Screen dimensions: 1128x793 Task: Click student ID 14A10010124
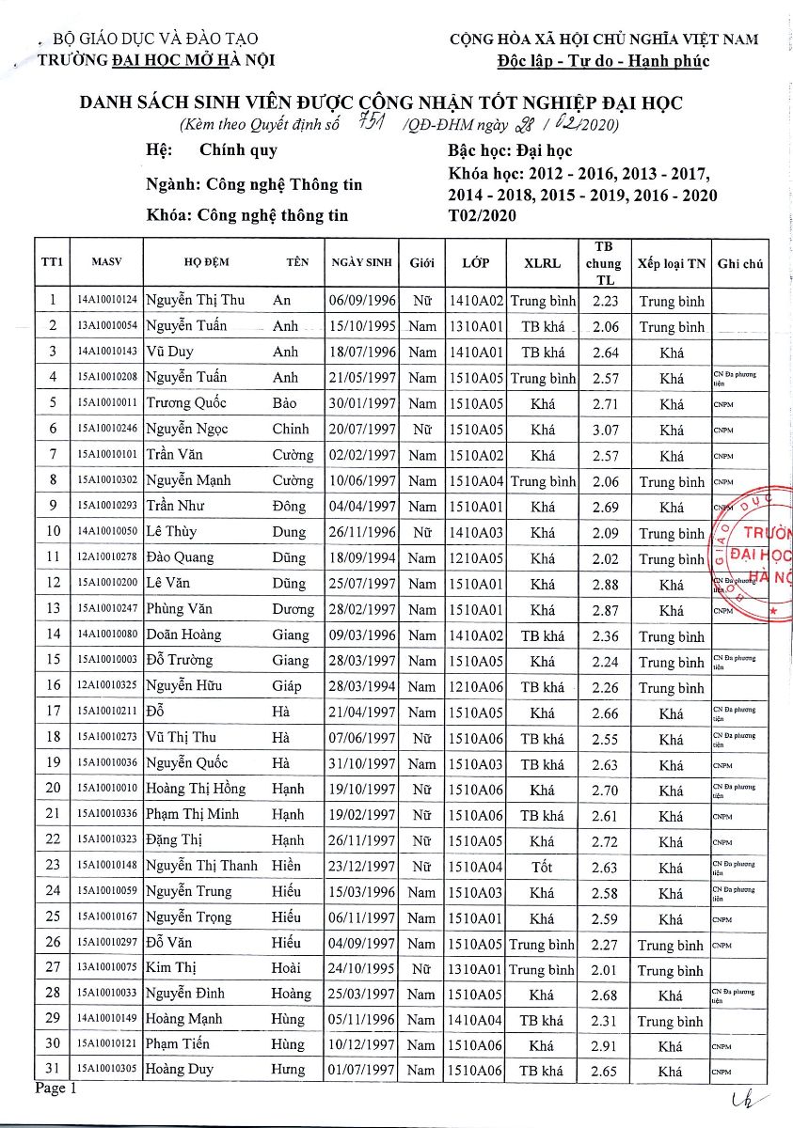pyautogui.click(x=107, y=300)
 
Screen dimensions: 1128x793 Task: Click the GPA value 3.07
pyautogui.click(x=605, y=430)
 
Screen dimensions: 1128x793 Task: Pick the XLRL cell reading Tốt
pyautogui.click(x=542, y=867)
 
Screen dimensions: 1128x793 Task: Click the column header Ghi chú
pyautogui.click(x=739, y=263)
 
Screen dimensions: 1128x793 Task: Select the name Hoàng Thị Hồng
pyautogui.click(x=196, y=788)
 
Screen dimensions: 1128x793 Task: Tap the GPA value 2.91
pyautogui.click(x=605, y=1045)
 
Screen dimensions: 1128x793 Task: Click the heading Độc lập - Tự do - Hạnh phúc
pyautogui.click(x=603, y=62)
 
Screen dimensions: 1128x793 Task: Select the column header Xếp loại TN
pyautogui.click(x=670, y=263)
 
